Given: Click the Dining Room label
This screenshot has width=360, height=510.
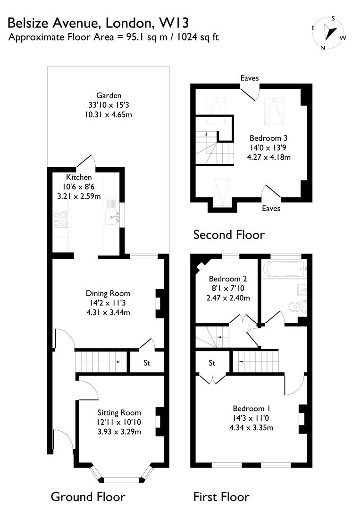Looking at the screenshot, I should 108,293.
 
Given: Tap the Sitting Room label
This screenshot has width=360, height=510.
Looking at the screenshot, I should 119,412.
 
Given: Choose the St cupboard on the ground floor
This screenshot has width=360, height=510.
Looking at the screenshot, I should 147,363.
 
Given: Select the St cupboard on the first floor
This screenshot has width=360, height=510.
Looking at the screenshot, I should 212,363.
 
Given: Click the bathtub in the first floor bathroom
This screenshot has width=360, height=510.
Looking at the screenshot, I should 282,270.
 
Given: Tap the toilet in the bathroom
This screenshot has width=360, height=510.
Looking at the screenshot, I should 298,306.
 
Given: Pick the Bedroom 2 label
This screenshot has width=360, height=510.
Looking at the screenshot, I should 228,279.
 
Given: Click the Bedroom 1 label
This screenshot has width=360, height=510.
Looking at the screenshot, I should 251,408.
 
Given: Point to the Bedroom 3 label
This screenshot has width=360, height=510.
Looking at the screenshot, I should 268,138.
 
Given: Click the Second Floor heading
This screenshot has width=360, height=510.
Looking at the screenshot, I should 229,234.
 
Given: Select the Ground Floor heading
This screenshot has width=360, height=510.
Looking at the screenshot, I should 88,496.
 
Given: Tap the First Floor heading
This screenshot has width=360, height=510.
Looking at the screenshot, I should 221,496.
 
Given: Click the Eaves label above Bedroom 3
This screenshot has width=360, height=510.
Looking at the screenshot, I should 249,78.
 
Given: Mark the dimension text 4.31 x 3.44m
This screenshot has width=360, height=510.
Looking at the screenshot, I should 108,312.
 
